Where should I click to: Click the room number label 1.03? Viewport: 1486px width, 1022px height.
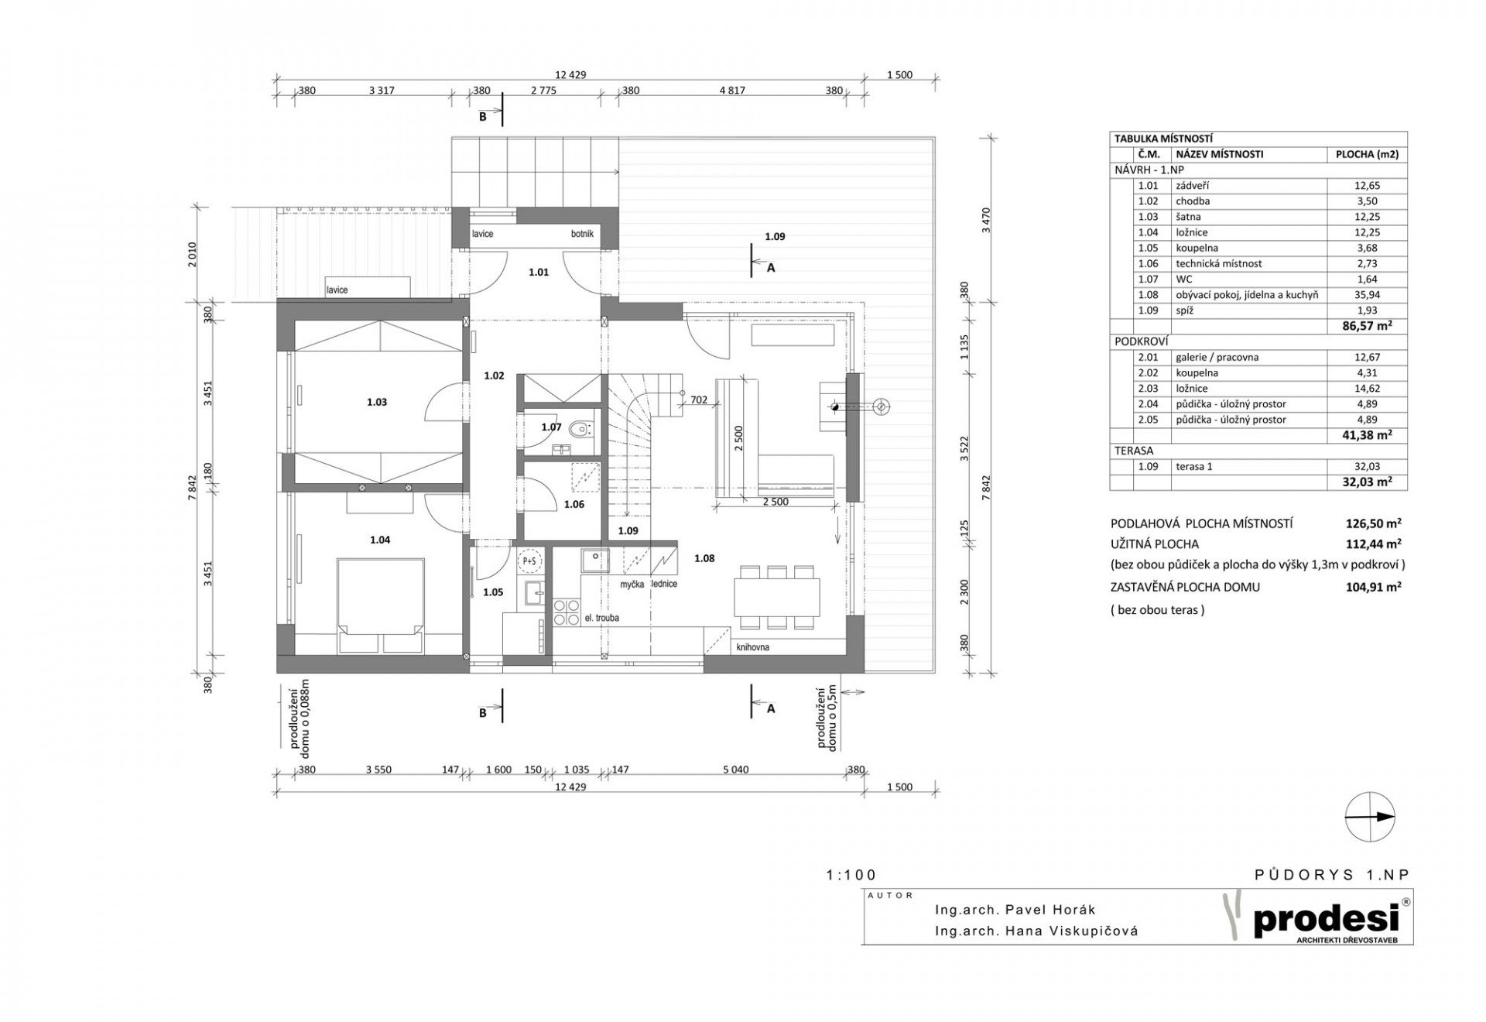(x=377, y=402)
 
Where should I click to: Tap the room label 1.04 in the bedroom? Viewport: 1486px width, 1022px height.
(x=380, y=540)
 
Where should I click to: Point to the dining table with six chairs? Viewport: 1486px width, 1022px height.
(x=779, y=596)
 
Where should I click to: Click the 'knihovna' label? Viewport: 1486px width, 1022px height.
(x=753, y=647)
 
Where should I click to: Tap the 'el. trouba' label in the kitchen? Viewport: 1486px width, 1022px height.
(x=602, y=618)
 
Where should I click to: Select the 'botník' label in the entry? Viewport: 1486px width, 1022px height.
(x=582, y=233)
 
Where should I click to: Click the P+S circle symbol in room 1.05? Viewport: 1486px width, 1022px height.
(x=529, y=561)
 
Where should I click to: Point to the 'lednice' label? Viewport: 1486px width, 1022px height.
(x=664, y=584)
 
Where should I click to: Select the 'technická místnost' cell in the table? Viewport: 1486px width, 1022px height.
(x=1218, y=263)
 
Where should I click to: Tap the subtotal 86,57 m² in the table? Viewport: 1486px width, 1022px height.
(x=1367, y=326)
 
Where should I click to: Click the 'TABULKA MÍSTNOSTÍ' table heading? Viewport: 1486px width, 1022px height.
(x=1152, y=139)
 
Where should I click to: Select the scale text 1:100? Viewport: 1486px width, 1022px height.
(x=851, y=875)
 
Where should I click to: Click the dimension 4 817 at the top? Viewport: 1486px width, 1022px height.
(x=731, y=91)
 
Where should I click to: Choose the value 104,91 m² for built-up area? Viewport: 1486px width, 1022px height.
(x=1374, y=587)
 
